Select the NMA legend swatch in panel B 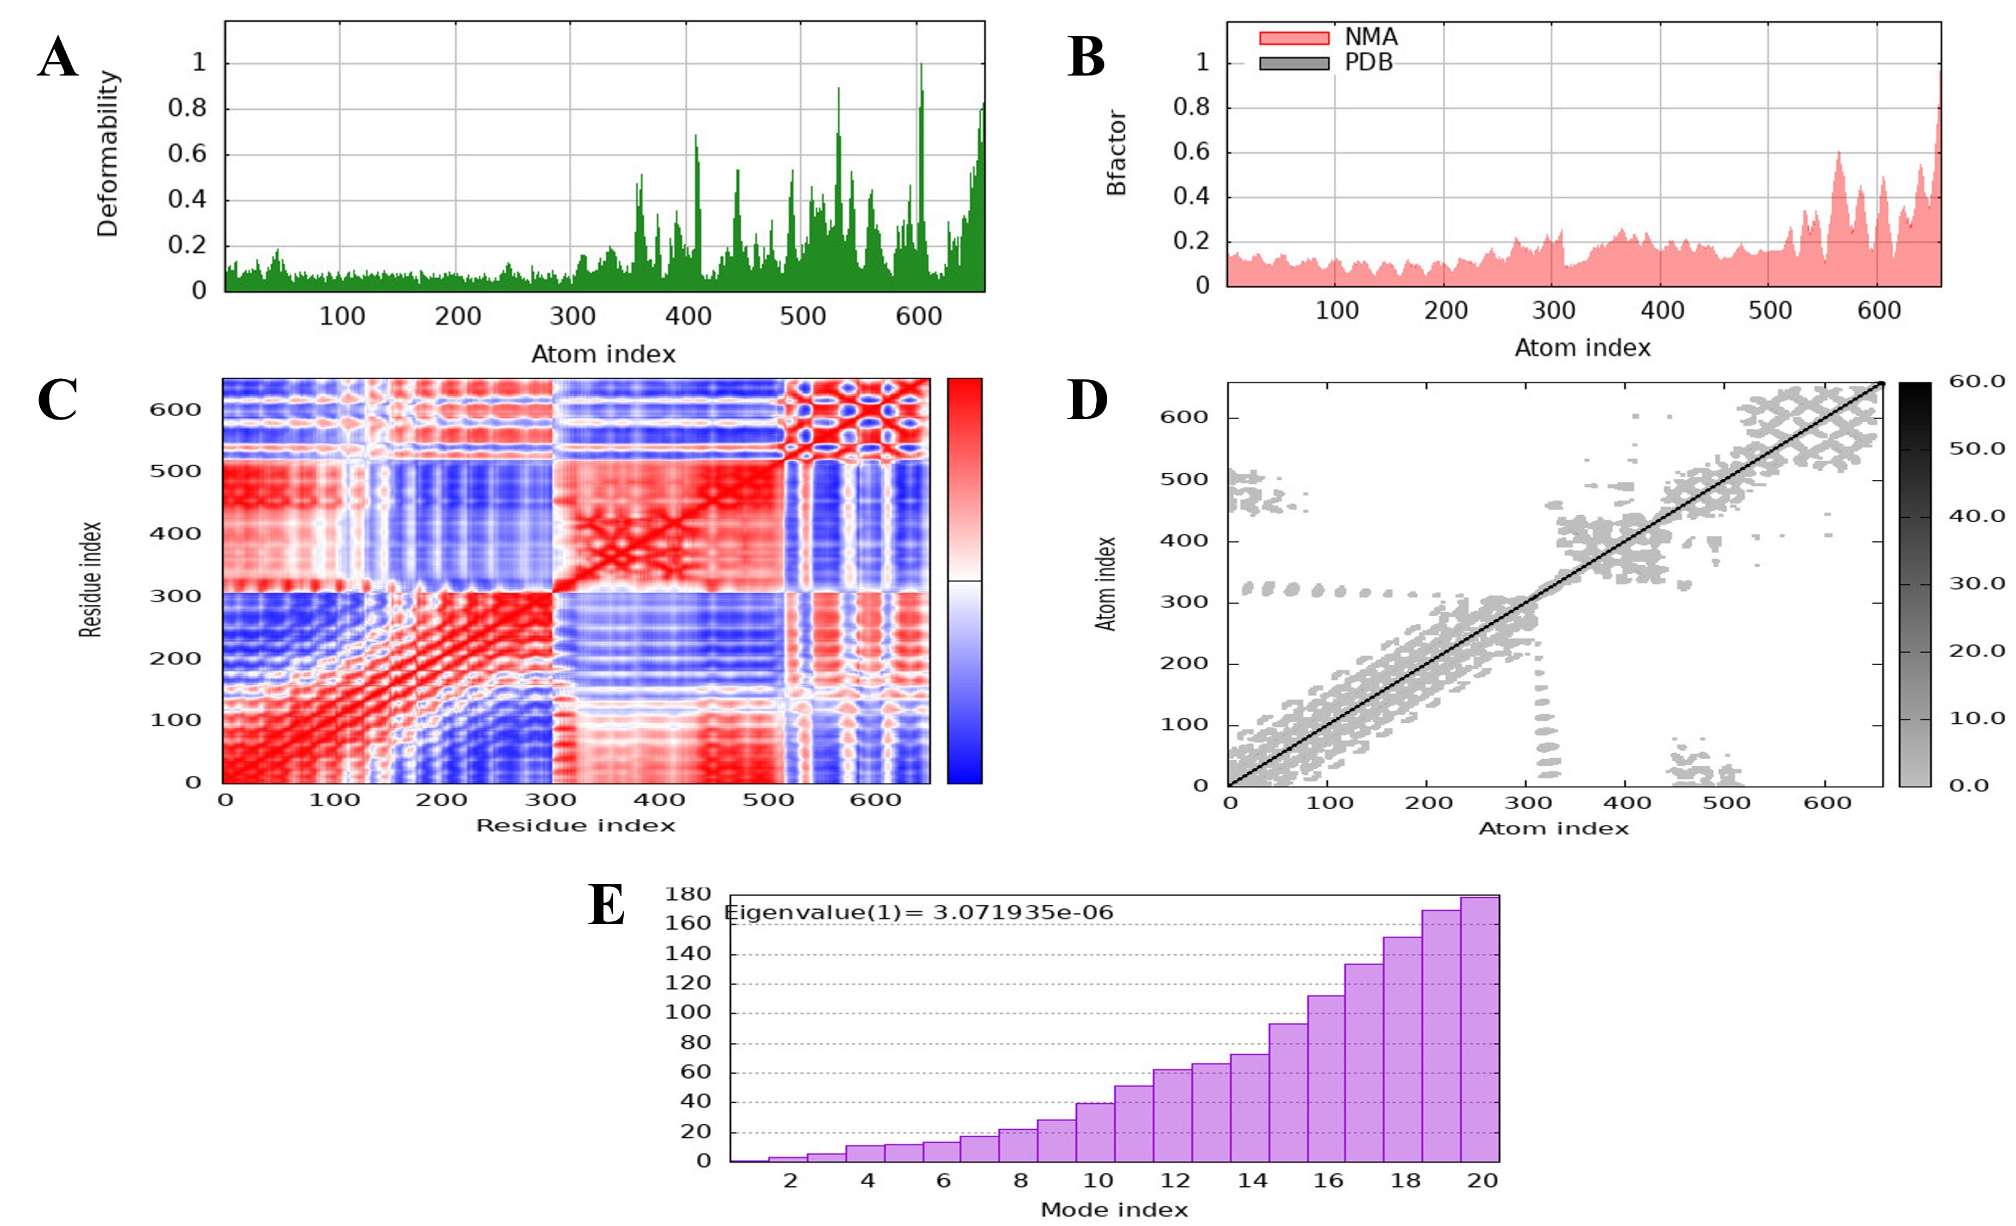pyautogui.click(x=1293, y=37)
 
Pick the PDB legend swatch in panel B pyautogui.click(x=1293, y=63)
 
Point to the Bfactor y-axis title pyautogui.click(x=1116, y=153)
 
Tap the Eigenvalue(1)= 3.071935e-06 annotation pyautogui.click(x=919, y=912)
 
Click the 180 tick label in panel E pyautogui.click(x=687, y=894)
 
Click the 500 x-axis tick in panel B pyautogui.click(x=1770, y=311)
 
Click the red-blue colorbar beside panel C pyautogui.click(x=965, y=580)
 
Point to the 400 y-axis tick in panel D pyautogui.click(x=1183, y=540)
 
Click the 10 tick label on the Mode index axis pyautogui.click(x=1098, y=1180)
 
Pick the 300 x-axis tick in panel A pyautogui.click(x=572, y=316)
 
